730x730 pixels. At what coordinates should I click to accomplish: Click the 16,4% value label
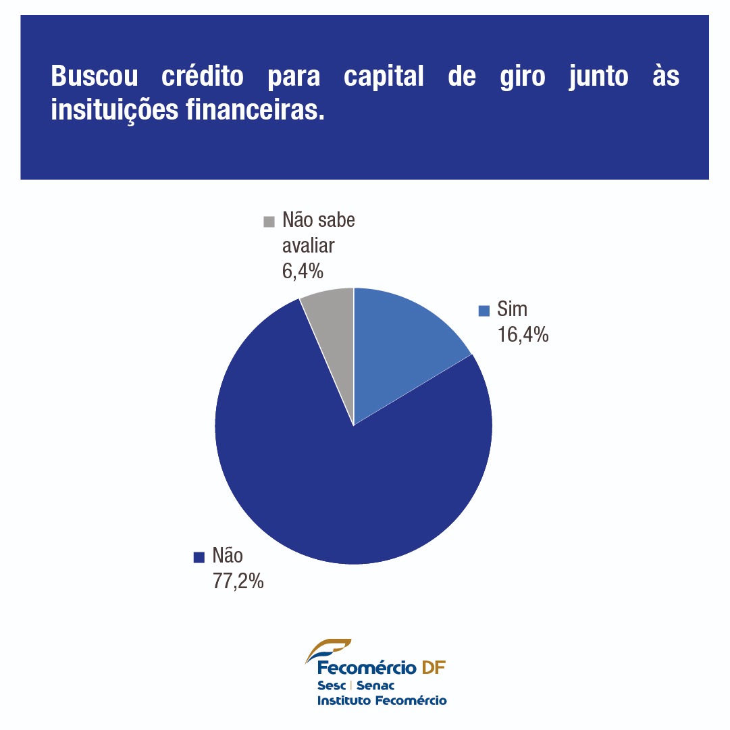pyautogui.click(x=523, y=334)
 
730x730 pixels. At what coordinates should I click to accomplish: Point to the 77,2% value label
pyautogui.click(x=238, y=580)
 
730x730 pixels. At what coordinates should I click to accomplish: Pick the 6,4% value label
pyautogui.click(x=303, y=271)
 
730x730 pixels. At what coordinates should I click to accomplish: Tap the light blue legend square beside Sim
pyautogui.click(x=484, y=311)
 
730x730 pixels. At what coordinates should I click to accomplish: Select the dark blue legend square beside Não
pyautogui.click(x=199, y=557)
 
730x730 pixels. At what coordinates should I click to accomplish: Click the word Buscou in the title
pyautogui.click(x=95, y=76)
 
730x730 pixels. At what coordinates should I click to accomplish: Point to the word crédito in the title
pyautogui.click(x=203, y=76)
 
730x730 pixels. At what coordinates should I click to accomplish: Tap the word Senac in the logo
pyautogui.click(x=375, y=685)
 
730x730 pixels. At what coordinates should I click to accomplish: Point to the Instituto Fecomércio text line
pyautogui.click(x=382, y=700)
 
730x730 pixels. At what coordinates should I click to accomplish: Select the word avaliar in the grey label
pyautogui.click(x=308, y=246)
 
